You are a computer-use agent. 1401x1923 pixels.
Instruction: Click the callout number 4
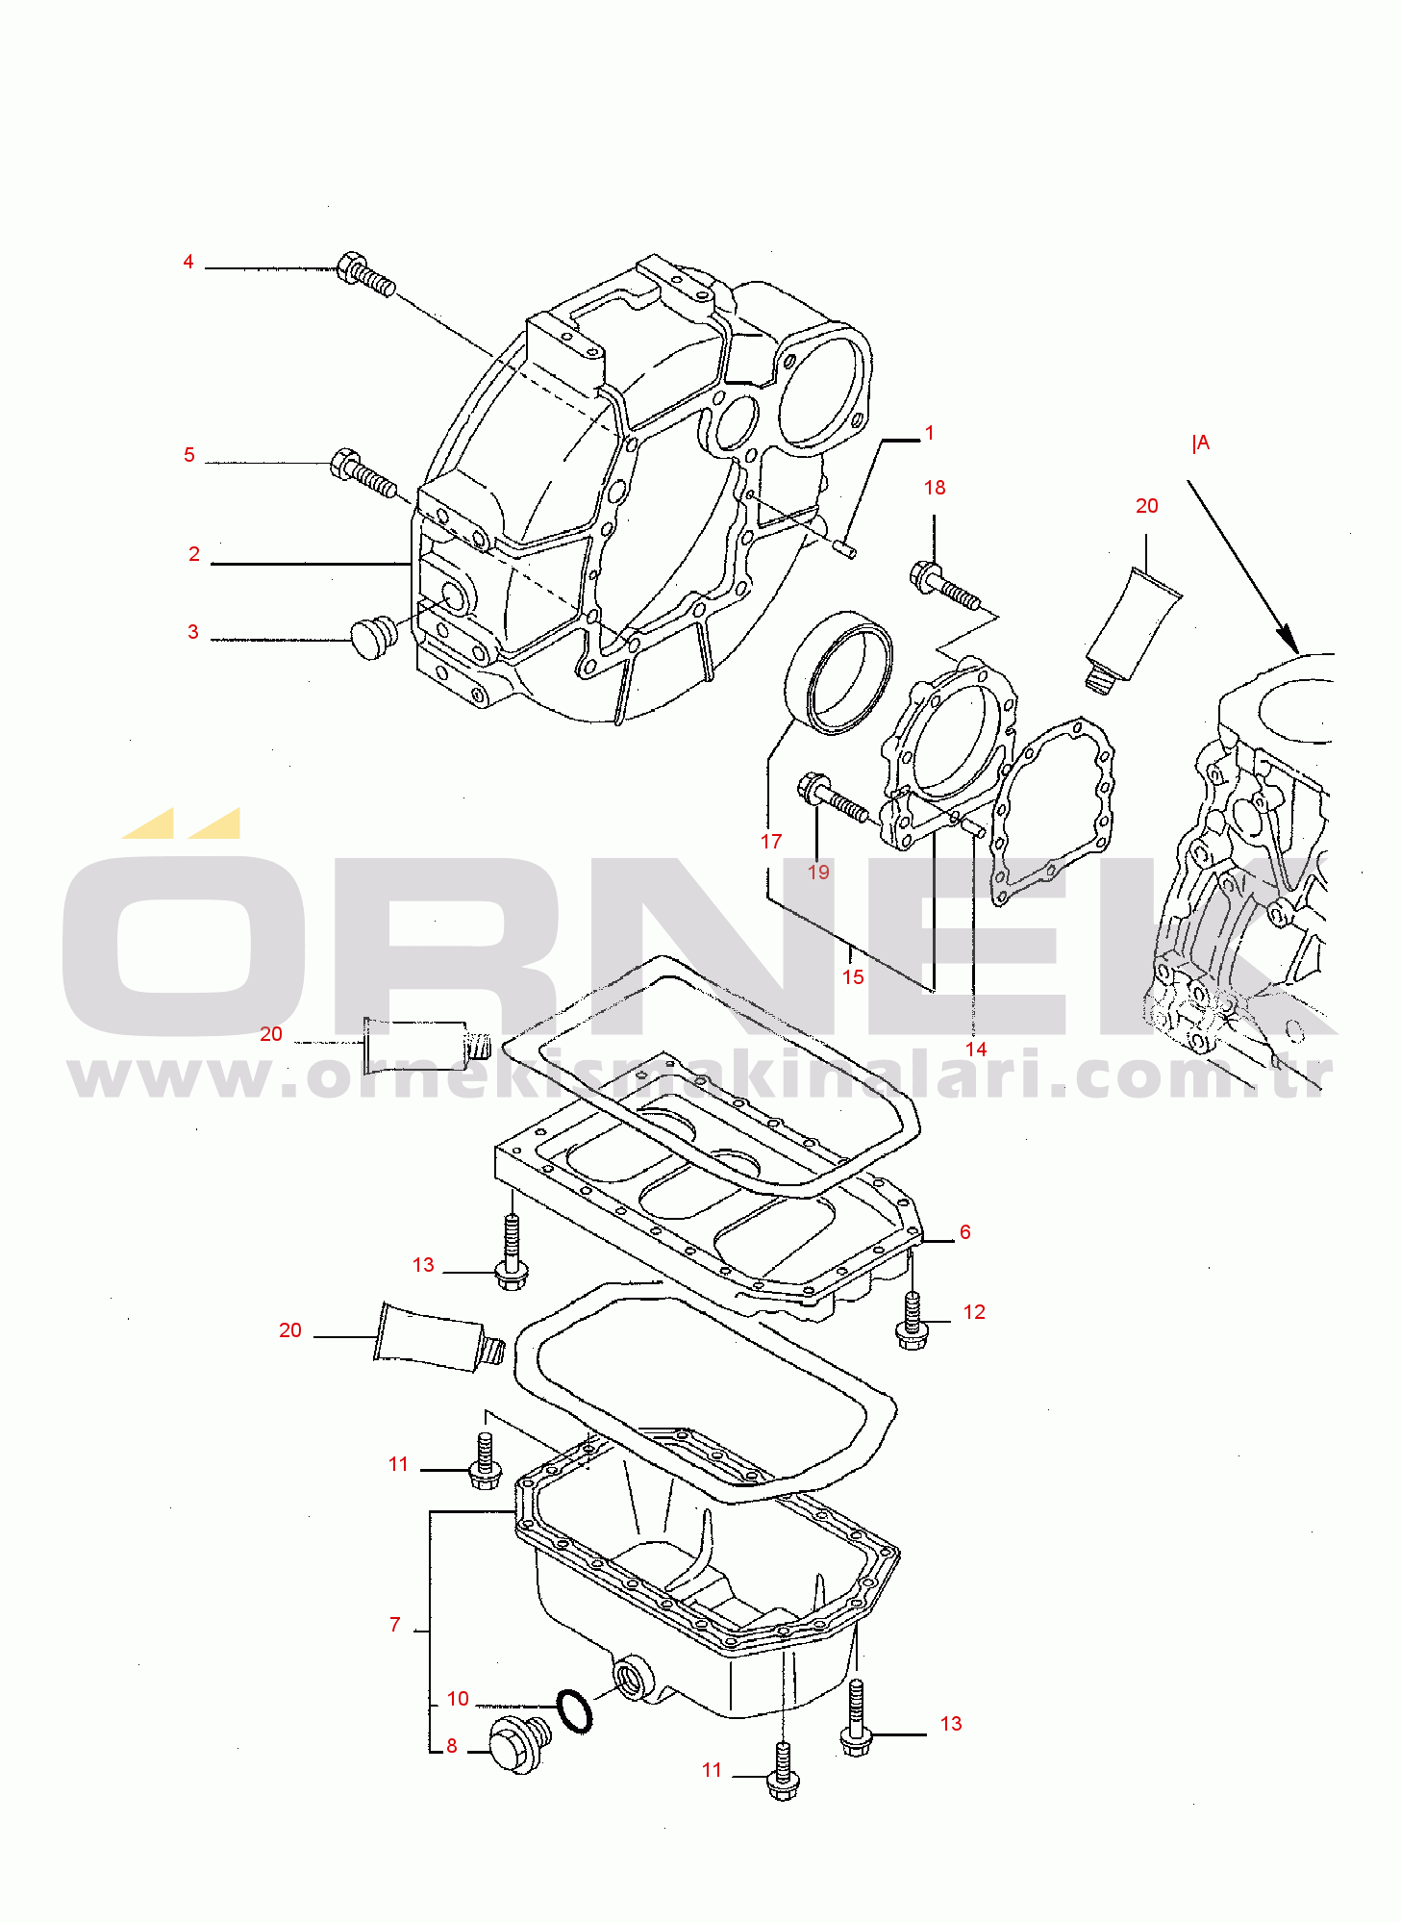tap(188, 262)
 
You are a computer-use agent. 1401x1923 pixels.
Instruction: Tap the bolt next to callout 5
tap(363, 473)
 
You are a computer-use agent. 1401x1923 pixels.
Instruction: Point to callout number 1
tap(929, 433)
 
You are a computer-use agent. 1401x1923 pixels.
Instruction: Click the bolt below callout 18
tap(944, 586)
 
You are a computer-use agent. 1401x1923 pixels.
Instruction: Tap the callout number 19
tap(818, 873)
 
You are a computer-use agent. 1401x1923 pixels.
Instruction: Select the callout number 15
tap(853, 977)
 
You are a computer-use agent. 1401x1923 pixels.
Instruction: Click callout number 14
tap(976, 1050)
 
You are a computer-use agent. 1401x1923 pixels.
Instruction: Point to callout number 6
tap(965, 1232)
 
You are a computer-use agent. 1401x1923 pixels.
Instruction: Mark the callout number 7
tap(394, 1625)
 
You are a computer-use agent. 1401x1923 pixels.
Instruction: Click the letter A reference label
tap(1201, 443)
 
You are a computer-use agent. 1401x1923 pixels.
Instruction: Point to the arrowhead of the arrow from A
tap(1288, 639)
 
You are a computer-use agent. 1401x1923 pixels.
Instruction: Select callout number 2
tap(194, 554)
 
